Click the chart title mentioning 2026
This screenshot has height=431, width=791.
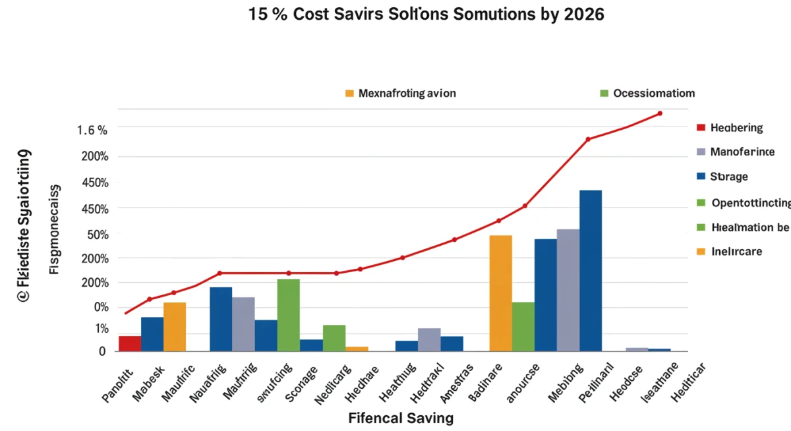tap(426, 14)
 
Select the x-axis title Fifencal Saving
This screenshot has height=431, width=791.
tap(401, 418)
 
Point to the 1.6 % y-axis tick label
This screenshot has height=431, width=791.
tap(92, 130)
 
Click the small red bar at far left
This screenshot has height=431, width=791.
tap(130, 343)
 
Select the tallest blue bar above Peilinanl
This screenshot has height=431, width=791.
tap(591, 270)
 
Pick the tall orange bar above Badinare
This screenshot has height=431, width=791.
tap(501, 293)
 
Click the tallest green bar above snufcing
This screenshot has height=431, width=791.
tap(289, 315)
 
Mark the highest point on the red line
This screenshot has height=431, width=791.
tap(660, 113)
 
